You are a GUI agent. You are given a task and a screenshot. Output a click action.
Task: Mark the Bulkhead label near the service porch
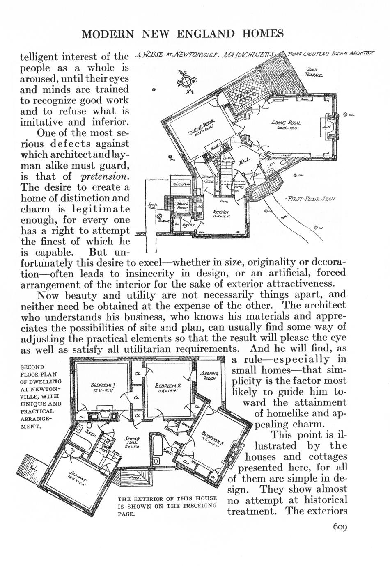180,185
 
